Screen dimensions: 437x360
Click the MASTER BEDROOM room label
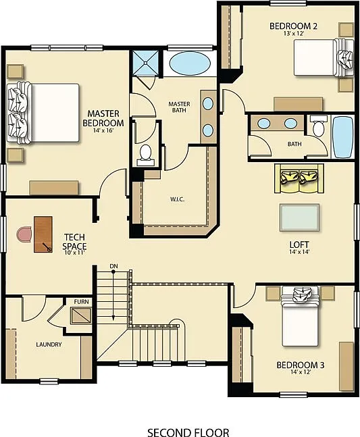[103, 118]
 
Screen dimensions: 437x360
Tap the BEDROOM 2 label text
[294, 26]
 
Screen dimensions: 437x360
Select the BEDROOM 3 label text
[301, 365]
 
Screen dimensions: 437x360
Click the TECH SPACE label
[75, 242]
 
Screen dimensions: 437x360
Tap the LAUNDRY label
[49, 344]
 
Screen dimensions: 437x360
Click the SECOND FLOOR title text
[188, 432]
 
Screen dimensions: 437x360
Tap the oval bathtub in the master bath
[189, 64]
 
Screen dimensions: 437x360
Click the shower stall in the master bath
[144, 63]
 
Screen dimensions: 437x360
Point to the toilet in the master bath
[145, 155]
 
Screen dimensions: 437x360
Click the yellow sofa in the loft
[297, 177]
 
